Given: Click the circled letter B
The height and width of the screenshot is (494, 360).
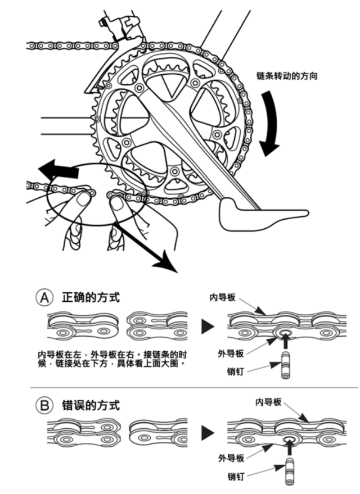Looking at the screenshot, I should coord(44,404).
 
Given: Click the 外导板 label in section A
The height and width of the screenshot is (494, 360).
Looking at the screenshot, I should coord(230,353).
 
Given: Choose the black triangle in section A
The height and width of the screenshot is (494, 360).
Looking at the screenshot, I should coord(209,325).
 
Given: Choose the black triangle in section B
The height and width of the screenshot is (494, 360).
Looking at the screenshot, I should coord(209,432).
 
